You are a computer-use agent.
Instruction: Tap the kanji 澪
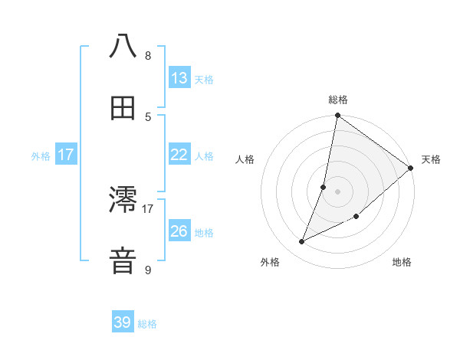(x=123, y=201)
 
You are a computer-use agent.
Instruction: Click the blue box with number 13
(x=179, y=77)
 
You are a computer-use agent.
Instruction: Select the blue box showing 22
(x=179, y=155)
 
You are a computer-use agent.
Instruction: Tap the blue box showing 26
(x=179, y=231)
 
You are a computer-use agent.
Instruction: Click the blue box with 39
(x=123, y=322)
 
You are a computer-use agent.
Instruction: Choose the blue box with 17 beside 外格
(x=66, y=155)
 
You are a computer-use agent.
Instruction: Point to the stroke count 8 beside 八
(x=148, y=56)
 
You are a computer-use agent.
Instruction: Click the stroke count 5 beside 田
(x=148, y=116)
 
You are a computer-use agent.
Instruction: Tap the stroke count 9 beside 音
(x=148, y=270)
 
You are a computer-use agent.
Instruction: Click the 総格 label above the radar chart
(x=338, y=100)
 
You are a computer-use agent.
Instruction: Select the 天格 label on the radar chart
(x=431, y=159)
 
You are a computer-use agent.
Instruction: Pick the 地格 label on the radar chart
(x=402, y=262)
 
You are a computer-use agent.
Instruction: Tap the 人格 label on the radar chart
(x=245, y=159)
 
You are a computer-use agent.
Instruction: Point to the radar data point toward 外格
(x=302, y=242)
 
